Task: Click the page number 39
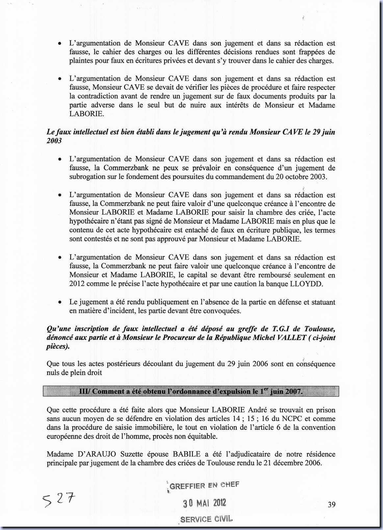click(331, 504)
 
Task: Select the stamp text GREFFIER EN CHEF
click(204, 486)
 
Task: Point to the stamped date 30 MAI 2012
click(204, 503)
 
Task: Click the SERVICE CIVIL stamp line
click(206, 519)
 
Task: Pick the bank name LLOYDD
click(310, 284)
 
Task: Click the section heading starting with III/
click(191, 391)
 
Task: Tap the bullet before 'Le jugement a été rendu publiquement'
click(60, 302)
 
